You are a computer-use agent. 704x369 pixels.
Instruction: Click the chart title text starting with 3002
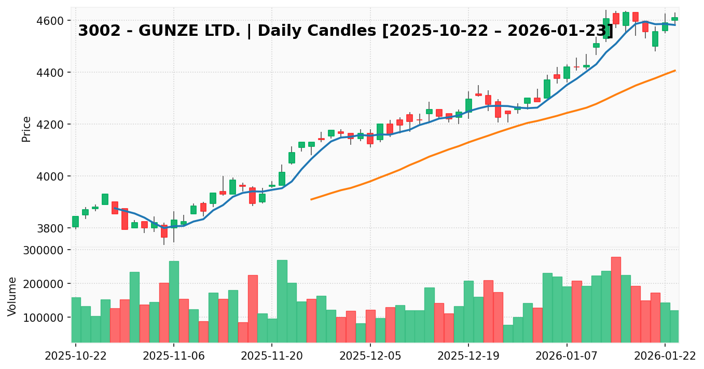(x=346, y=31)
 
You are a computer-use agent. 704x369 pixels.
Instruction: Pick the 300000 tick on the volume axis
(x=46, y=250)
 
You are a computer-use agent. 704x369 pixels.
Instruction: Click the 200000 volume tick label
(x=46, y=284)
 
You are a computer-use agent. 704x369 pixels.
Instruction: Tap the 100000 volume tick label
(x=46, y=318)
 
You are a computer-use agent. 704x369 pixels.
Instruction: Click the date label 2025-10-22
(x=76, y=356)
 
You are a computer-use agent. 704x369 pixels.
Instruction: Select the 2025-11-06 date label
(x=174, y=356)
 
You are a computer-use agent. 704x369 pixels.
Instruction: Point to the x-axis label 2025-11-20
(x=272, y=356)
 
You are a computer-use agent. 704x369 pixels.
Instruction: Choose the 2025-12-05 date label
(x=370, y=356)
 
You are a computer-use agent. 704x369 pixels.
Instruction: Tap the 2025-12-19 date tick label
(x=468, y=356)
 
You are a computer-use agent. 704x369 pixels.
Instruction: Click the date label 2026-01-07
(x=567, y=356)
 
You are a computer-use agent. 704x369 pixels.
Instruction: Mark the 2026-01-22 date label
(x=665, y=356)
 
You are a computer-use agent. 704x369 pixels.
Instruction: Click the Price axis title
(x=26, y=129)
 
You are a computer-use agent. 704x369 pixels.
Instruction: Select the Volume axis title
(x=12, y=296)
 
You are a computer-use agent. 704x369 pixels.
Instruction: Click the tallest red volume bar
(x=616, y=299)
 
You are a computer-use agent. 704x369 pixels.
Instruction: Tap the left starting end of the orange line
(x=311, y=199)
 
